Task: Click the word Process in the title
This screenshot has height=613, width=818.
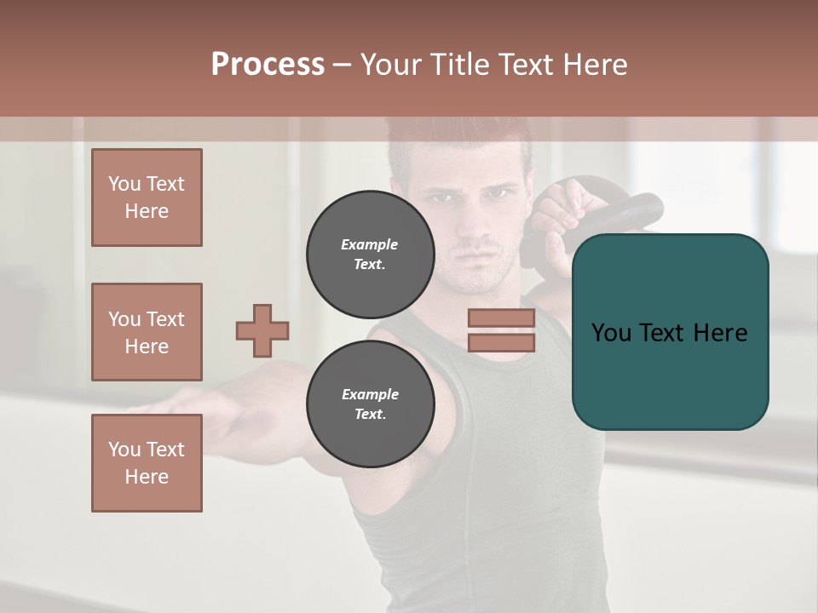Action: [268, 65]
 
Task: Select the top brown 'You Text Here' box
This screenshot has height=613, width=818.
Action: [147, 198]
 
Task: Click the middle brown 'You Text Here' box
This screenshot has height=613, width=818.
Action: [147, 332]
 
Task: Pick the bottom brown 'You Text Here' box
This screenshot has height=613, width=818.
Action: [147, 463]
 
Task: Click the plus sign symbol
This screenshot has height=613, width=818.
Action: [262, 330]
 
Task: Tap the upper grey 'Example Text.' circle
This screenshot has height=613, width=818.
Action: [371, 255]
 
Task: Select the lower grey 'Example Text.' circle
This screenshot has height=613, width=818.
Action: [371, 404]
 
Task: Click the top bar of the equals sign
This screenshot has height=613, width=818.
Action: [501, 318]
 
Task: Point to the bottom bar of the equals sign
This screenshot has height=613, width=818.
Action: [501, 342]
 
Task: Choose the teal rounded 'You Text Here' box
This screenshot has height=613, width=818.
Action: [670, 332]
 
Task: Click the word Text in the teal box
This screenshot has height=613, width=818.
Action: [669, 332]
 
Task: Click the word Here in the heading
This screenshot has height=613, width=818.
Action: [596, 65]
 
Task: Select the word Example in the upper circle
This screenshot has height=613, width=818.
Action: [370, 244]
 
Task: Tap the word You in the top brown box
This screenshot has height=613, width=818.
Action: [124, 184]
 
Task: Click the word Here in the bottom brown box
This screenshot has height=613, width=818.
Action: [147, 477]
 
